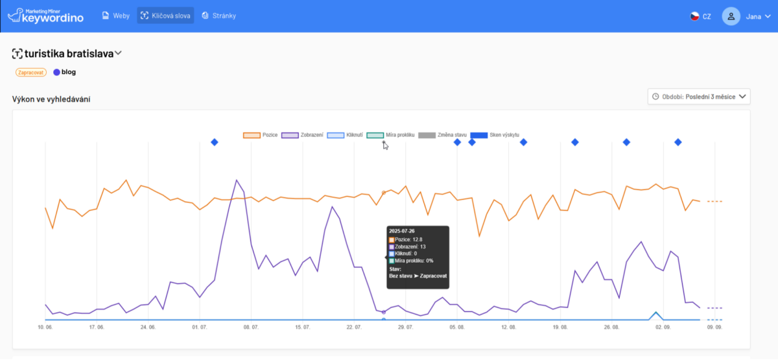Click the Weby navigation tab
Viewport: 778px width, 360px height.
click(x=116, y=16)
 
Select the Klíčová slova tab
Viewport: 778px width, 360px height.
click(x=165, y=16)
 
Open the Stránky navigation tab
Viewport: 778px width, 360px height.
click(x=218, y=16)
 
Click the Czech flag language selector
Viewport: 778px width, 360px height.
click(x=700, y=16)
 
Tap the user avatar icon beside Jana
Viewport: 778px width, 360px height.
click(x=731, y=16)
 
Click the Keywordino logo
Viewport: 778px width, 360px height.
click(x=45, y=16)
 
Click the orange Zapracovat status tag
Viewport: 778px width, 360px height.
click(x=31, y=72)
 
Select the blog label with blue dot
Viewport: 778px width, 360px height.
click(x=65, y=72)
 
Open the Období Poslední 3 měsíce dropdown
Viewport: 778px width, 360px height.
click(x=698, y=97)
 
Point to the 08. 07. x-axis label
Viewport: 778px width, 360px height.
click(x=250, y=328)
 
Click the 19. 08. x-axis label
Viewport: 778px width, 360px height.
click(x=560, y=328)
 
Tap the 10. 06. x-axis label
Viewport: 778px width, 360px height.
click(x=45, y=328)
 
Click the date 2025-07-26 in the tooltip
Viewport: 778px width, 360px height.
click(x=402, y=231)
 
